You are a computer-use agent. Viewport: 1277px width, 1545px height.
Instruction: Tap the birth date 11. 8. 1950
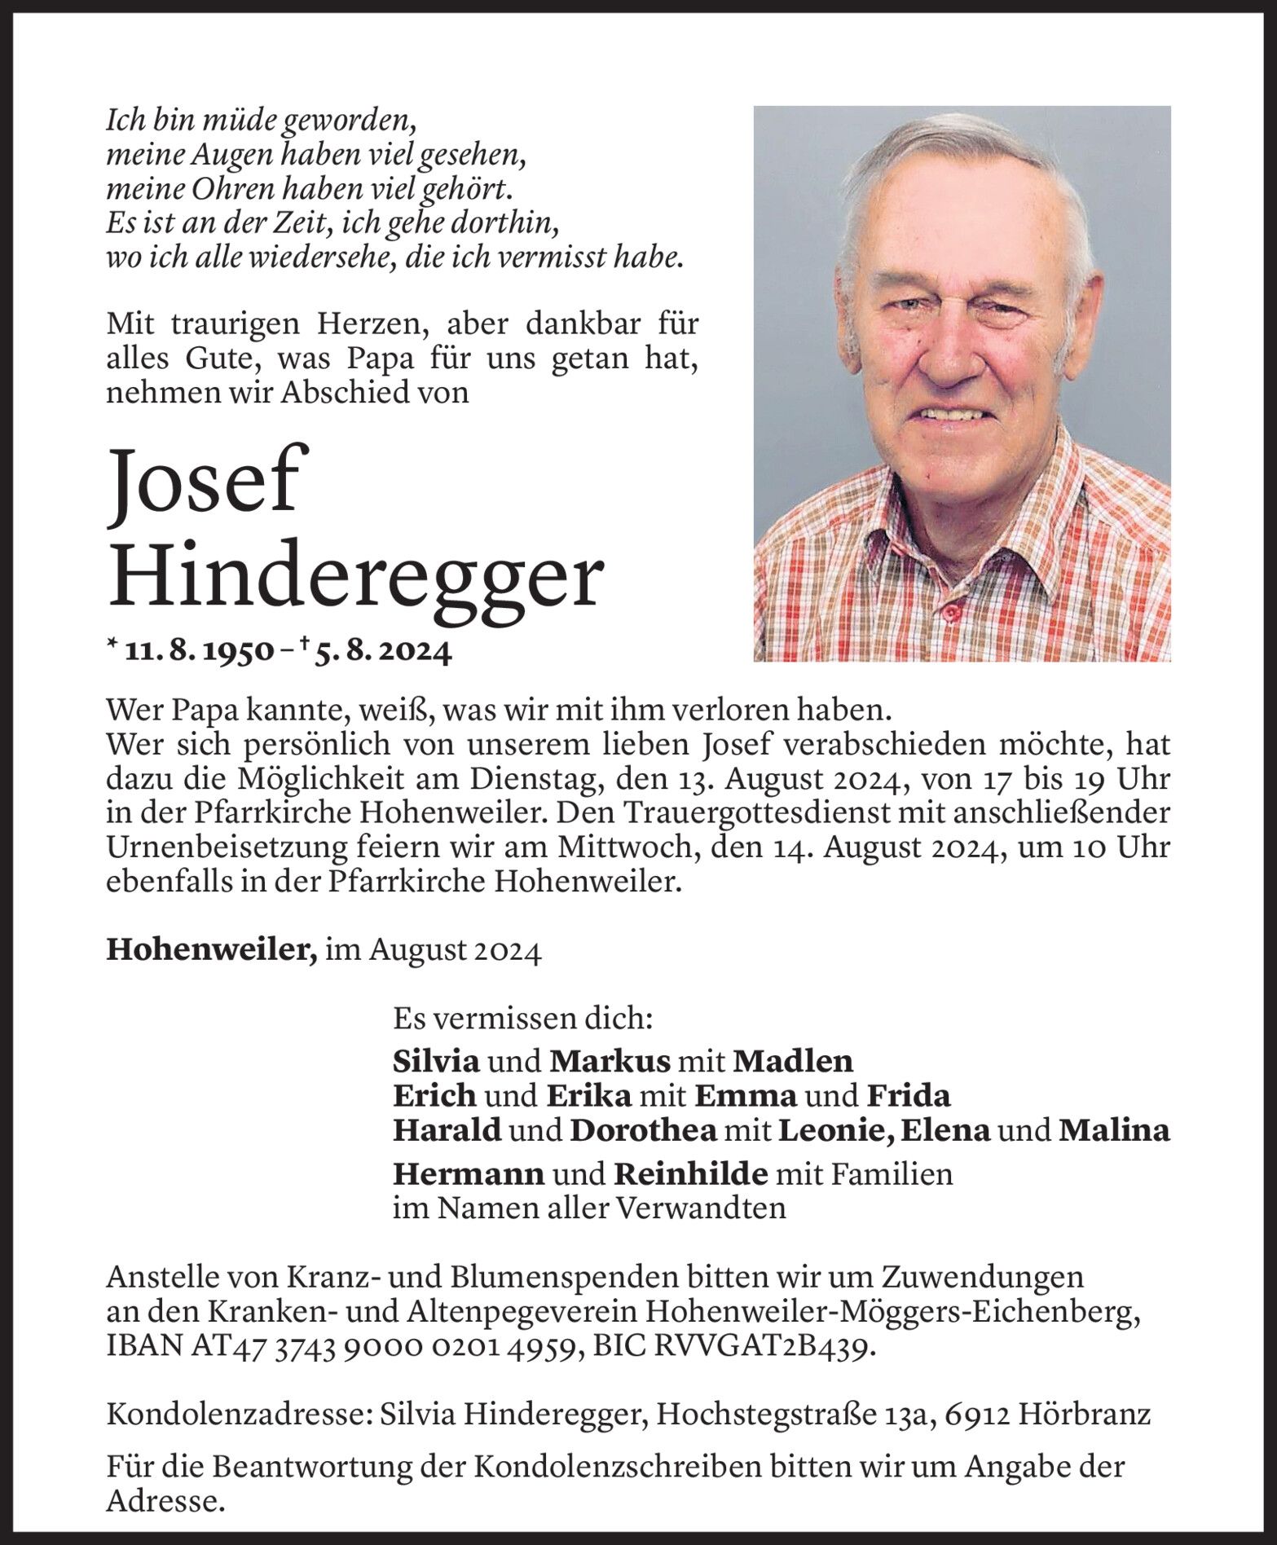[x=197, y=653]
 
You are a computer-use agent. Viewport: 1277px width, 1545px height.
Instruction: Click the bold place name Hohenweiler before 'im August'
[x=211, y=950]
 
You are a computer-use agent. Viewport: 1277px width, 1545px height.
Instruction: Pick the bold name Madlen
[x=792, y=1060]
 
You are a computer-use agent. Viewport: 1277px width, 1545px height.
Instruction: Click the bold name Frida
[x=908, y=1095]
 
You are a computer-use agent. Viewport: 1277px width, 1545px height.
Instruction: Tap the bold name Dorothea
[x=643, y=1130]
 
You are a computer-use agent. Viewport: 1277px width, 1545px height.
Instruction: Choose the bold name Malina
[x=1113, y=1130]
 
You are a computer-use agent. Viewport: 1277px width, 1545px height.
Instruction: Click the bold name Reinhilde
[x=690, y=1173]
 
